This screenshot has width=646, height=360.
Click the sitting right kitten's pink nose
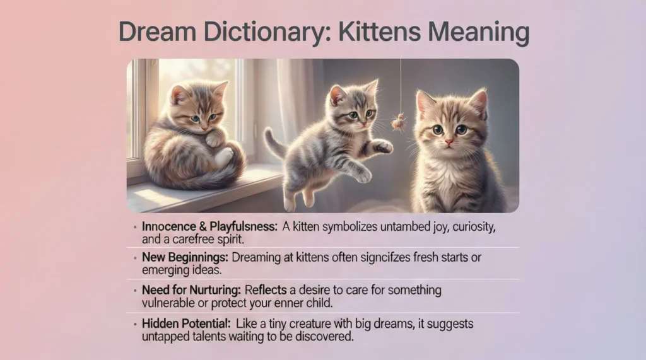(x=448, y=143)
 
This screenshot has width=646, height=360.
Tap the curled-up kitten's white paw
(x=223, y=157)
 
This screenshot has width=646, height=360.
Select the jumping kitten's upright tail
(x=273, y=142)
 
